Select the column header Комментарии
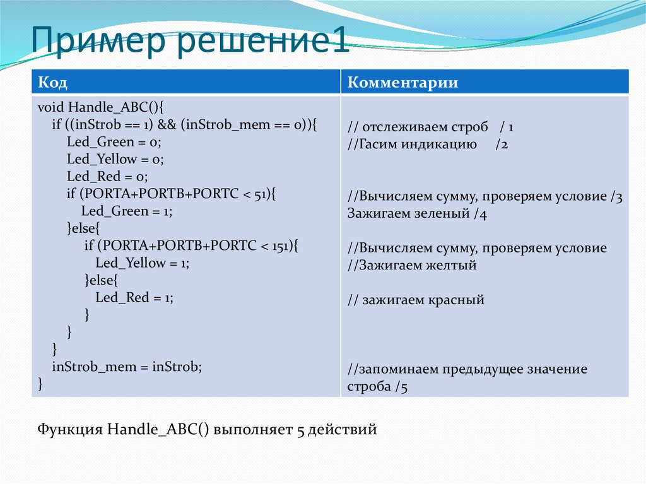click(403, 83)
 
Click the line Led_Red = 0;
click(107, 177)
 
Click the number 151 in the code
click(279, 246)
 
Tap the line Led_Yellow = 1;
click(142, 263)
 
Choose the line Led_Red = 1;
click(134, 298)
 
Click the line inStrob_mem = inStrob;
click(127, 367)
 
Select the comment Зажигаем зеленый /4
click(417, 213)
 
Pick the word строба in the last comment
click(369, 386)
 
